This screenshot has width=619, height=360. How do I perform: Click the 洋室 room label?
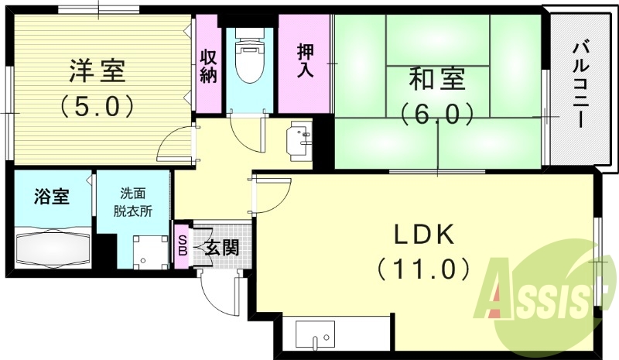pyautogui.click(x=95, y=71)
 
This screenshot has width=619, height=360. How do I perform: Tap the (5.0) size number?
pyautogui.click(x=95, y=105)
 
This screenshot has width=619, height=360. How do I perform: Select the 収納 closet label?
pyautogui.click(x=209, y=66)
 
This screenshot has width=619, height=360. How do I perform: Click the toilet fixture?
pyautogui.click(x=249, y=62)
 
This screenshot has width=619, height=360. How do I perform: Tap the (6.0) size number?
pyautogui.click(x=437, y=115)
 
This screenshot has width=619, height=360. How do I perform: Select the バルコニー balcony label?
pyautogui.click(x=580, y=85)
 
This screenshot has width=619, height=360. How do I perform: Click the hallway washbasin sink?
pyautogui.click(x=300, y=139)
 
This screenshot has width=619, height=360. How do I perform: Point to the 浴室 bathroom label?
pyautogui.click(x=52, y=197)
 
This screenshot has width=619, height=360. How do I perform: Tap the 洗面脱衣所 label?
pyautogui.click(x=132, y=203)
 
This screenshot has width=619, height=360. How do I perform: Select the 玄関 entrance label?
pyautogui.click(x=221, y=248)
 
